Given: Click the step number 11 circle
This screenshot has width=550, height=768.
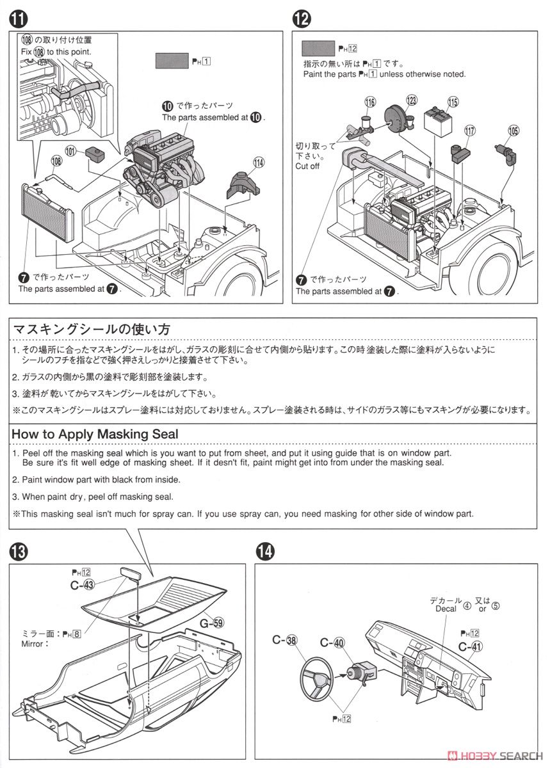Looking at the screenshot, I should coord(17,20).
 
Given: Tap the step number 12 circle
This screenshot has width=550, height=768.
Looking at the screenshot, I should coord(302,20).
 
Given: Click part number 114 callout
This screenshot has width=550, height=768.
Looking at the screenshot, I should coord(258,163).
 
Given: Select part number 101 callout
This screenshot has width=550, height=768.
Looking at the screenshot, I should coord(70,151).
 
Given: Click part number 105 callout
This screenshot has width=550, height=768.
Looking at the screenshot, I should coord(514,131).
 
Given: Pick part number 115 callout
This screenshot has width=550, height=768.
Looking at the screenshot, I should coord(453,102).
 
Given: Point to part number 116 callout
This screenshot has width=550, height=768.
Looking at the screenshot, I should coord(370,102).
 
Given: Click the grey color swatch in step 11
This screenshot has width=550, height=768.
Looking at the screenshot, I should coord(171,61).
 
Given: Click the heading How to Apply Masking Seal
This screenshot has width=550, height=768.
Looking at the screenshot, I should coord(95,433).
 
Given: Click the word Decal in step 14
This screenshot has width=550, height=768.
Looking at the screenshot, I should coord(446,609).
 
